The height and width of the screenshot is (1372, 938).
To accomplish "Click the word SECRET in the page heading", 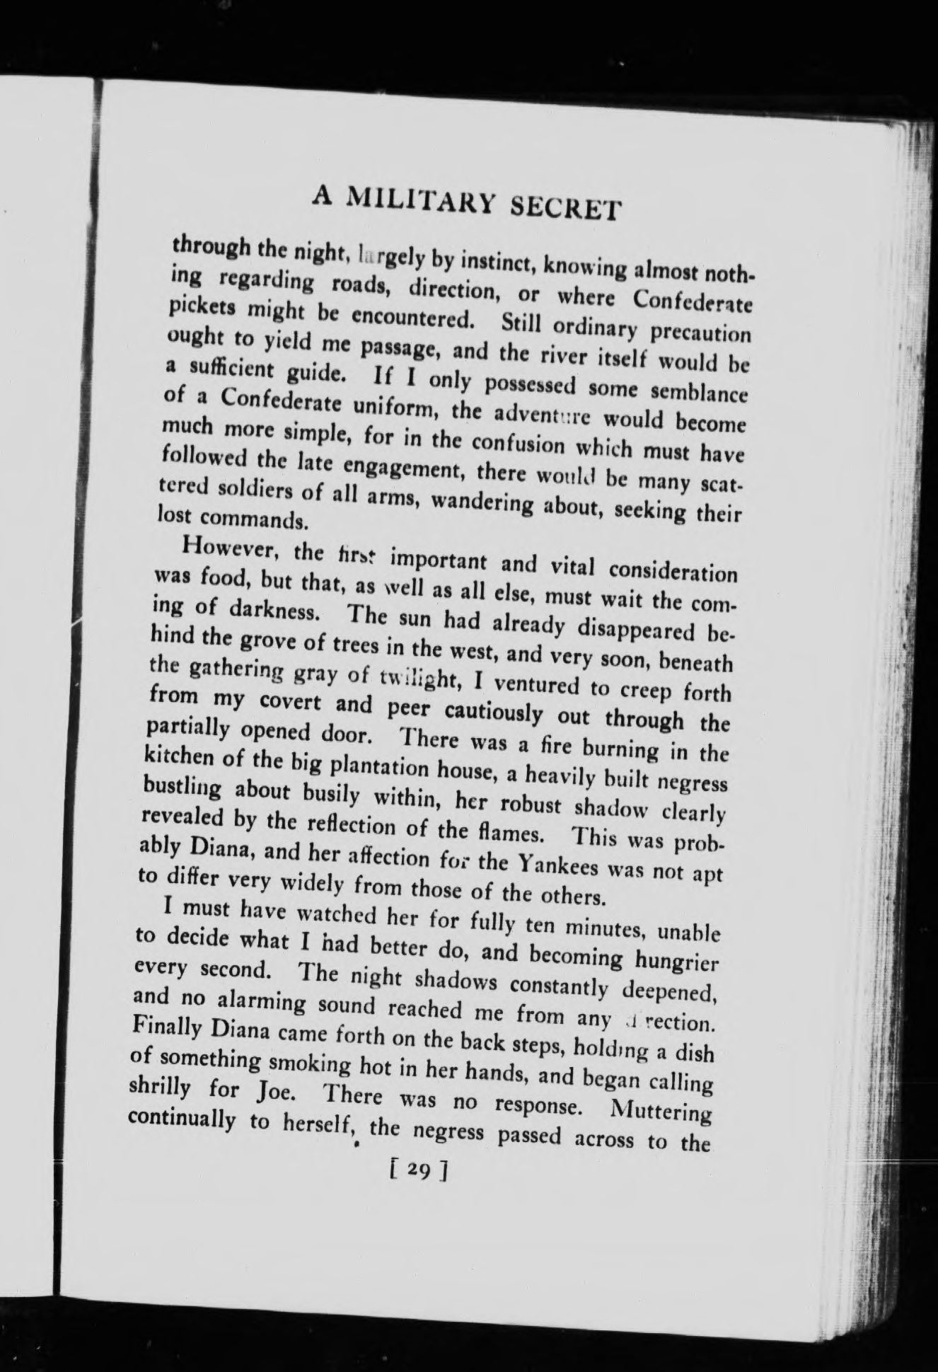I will [x=566, y=207].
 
